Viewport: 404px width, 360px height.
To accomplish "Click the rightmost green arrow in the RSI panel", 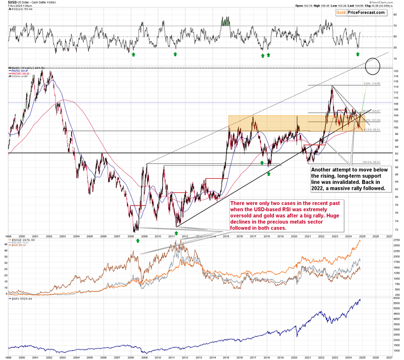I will coord(358,54).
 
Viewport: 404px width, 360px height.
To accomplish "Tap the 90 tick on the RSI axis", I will coord(395,9).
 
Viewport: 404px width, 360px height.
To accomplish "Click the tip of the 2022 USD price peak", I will coord(331,86).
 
